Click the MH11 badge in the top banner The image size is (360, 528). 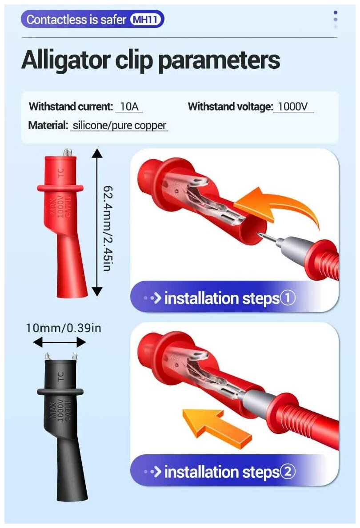point(146,20)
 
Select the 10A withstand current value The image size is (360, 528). point(129,107)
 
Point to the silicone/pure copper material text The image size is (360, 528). point(119,125)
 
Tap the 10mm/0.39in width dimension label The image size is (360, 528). point(64,328)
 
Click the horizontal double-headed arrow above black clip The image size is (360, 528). point(60,342)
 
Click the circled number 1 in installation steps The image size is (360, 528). point(288,298)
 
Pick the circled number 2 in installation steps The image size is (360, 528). point(288,472)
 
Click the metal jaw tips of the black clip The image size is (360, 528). point(61,357)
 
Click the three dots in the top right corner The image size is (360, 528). point(335,20)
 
